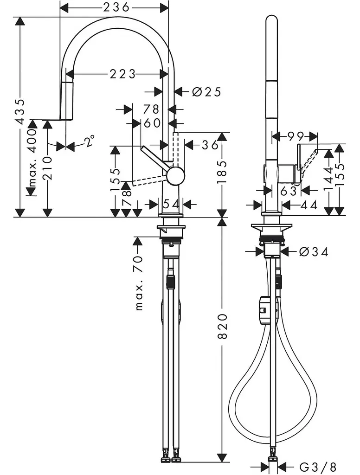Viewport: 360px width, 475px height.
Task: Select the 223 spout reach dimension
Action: click(122, 74)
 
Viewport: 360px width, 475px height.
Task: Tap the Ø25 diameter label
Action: click(206, 91)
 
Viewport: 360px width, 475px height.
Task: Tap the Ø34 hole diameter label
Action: click(314, 251)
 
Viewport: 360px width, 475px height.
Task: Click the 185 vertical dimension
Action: click(222, 172)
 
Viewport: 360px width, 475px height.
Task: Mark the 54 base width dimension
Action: click(171, 204)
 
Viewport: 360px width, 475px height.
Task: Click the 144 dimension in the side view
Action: click(328, 178)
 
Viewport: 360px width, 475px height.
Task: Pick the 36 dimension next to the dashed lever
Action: click(210, 145)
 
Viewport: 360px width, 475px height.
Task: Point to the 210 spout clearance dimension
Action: click(48, 168)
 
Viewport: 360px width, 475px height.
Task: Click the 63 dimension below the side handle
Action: click(288, 191)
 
